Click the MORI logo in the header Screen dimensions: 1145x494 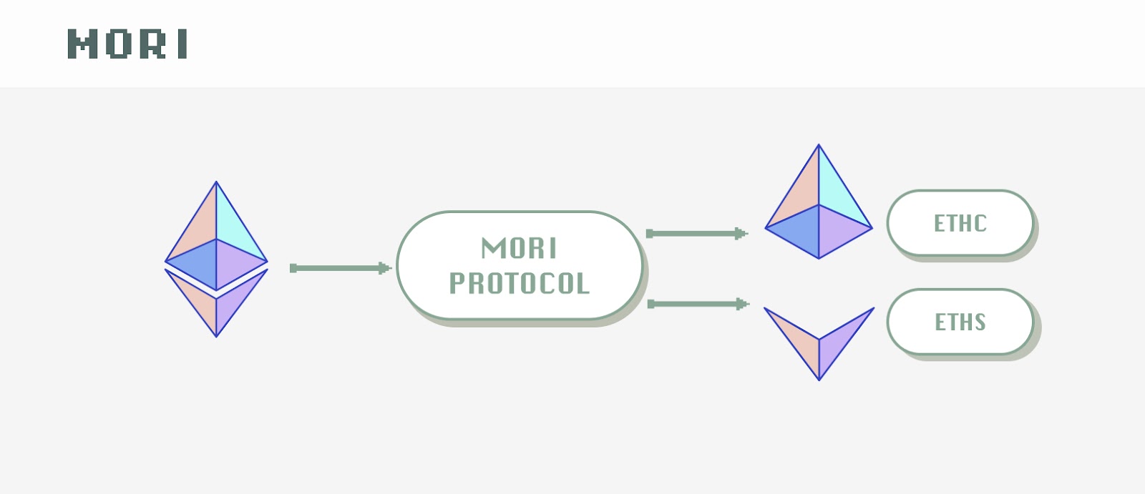(127, 44)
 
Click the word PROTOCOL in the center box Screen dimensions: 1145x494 (520, 283)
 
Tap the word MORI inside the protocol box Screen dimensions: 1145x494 (519, 248)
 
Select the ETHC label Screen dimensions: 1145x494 (960, 223)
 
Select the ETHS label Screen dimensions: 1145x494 (960, 322)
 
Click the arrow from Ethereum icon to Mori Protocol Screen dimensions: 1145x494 (341, 268)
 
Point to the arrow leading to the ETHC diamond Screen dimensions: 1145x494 (697, 234)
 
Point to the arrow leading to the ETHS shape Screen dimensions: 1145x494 (698, 304)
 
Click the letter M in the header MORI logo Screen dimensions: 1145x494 (82, 44)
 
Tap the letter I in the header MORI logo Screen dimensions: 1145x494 (183, 44)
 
